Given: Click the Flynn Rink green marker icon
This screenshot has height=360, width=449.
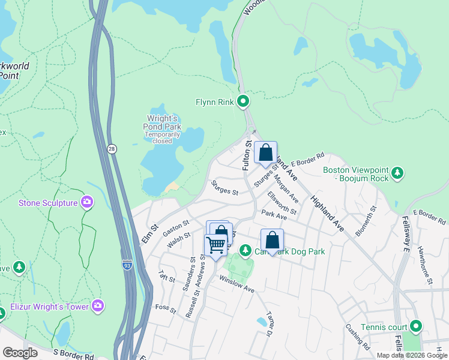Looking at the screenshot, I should coord(243,101).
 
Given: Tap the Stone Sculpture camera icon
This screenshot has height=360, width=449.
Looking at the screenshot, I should coord(87,203).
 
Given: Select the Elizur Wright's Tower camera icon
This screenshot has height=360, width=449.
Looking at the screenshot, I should coord(98,307).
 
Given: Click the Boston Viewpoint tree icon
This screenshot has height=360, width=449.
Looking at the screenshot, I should coord(397,173).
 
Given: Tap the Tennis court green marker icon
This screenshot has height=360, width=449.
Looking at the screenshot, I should coord(415,327).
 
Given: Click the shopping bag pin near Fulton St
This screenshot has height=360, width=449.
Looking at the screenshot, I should coord(265,153).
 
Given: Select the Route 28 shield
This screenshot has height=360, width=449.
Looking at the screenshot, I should coord(112,148).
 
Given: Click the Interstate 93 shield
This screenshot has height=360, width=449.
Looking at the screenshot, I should coord(127,263).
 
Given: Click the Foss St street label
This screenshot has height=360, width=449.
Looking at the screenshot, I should coord(165,309).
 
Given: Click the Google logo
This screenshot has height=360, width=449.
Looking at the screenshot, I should coord(20,353).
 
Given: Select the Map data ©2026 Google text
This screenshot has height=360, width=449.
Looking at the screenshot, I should coord(412,355).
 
